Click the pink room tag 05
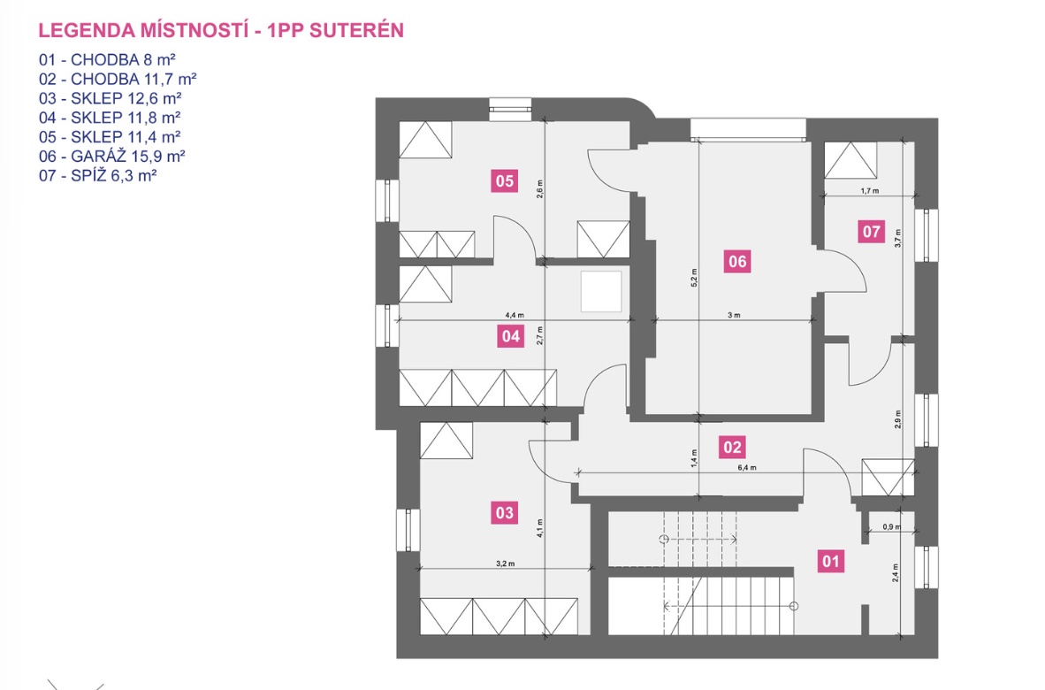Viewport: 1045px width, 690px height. point(504,181)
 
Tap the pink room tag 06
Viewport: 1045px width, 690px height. point(737,261)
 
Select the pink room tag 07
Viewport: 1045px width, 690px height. point(871,232)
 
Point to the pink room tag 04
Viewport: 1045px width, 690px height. point(509,336)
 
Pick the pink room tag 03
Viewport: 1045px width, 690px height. point(504,512)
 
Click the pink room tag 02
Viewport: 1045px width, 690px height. point(732,447)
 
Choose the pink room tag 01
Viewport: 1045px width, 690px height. point(829,561)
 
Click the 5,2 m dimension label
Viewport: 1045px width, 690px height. point(695,277)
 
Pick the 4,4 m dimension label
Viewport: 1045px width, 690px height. point(514,314)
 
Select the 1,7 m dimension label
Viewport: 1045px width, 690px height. point(868,190)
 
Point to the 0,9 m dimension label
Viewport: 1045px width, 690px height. point(890,527)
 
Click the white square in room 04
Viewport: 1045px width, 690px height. point(601,291)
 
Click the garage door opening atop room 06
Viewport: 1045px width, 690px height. point(747,129)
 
